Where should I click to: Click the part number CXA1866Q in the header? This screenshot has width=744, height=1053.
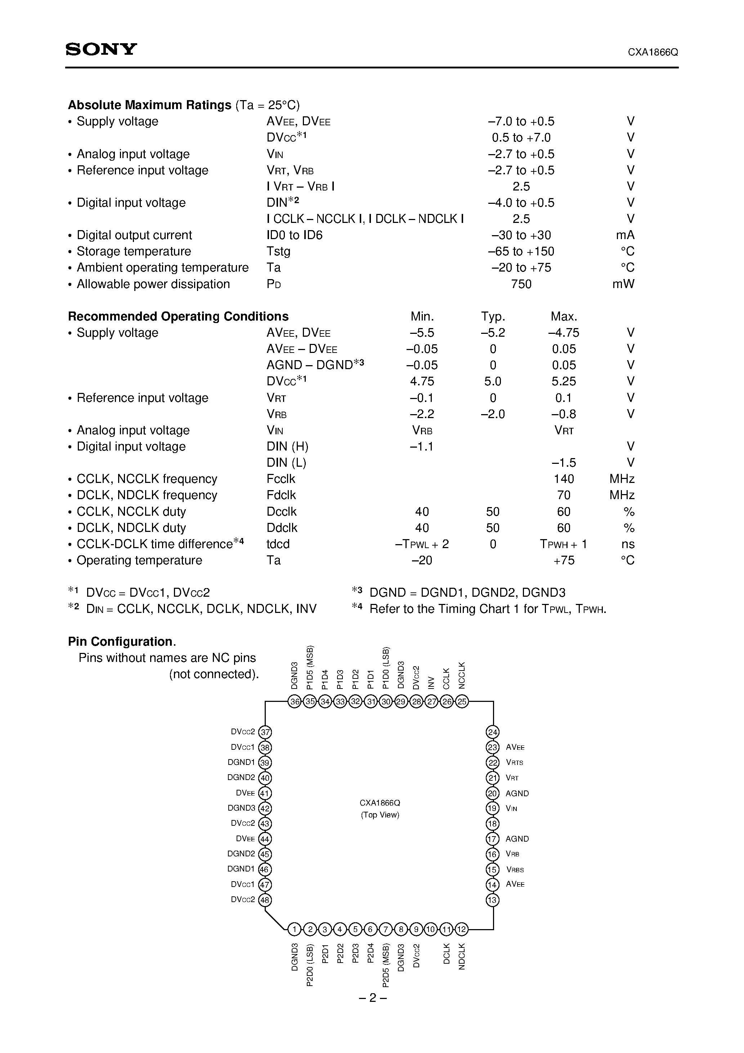(653, 52)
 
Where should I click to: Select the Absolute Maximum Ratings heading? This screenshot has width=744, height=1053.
(149, 105)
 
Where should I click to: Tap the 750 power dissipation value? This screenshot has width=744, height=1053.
(521, 284)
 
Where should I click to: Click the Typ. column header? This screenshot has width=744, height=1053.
(493, 317)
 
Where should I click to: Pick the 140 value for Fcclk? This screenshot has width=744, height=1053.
(564, 479)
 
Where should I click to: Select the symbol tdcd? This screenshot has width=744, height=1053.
(278, 544)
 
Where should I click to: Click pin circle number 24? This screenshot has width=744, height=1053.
(493, 732)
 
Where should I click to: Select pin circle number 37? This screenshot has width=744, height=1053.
(265, 732)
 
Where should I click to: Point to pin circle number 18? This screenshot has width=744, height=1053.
(493, 824)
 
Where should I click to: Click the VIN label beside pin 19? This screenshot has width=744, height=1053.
(511, 808)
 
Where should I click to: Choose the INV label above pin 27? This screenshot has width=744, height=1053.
(431, 682)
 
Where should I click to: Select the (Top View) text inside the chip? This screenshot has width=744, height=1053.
(380, 815)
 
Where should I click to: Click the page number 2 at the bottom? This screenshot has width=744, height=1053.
(372, 998)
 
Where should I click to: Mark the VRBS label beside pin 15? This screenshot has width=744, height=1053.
(515, 870)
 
